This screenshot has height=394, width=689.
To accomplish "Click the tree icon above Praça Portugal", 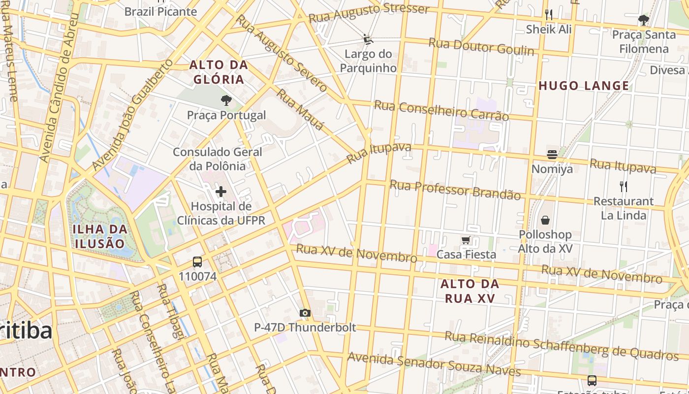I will [x=226, y=101].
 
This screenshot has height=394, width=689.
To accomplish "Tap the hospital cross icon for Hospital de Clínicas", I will [x=221, y=192].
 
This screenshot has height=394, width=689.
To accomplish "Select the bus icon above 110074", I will [x=197, y=262].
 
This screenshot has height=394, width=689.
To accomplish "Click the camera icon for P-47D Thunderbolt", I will [x=305, y=313].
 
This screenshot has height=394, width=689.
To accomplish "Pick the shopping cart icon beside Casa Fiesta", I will [x=466, y=240].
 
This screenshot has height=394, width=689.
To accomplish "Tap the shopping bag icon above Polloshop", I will [x=545, y=220].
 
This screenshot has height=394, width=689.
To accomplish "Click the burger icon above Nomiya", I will [x=552, y=155].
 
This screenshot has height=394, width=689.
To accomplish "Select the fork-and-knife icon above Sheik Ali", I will [x=549, y=15].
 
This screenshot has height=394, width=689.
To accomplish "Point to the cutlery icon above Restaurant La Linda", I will [x=624, y=186].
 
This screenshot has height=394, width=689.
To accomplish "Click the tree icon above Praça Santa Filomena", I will [x=643, y=20].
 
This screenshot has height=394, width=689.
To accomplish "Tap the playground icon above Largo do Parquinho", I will [x=368, y=39].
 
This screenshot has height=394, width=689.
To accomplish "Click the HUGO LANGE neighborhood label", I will [x=584, y=86].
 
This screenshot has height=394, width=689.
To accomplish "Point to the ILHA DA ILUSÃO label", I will [x=100, y=236].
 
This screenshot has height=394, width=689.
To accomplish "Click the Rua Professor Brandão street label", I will [x=455, y=190].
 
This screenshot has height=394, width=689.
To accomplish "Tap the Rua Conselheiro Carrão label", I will [x=441, y=110].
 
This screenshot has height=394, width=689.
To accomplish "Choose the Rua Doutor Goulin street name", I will [x=481, y=47].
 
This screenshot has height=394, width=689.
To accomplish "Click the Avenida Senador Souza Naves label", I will [x=434, y=363].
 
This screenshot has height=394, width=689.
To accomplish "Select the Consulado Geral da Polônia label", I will [x=218, y=159].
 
